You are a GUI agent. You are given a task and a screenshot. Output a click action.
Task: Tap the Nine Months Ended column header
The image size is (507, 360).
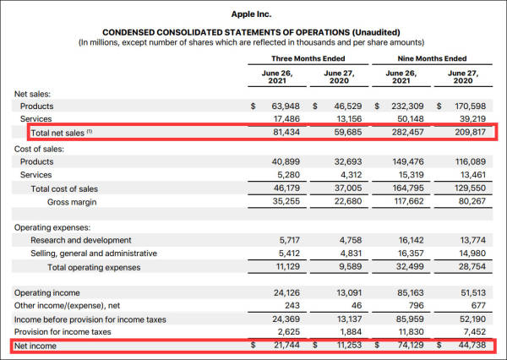click(x=432, y=58)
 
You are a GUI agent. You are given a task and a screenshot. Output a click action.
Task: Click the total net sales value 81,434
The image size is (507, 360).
click(x=284, y=133)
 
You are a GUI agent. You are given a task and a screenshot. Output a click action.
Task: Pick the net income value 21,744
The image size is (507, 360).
click(x=284, y=346)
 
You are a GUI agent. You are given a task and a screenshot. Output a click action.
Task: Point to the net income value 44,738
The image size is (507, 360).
click(x=469, y=346)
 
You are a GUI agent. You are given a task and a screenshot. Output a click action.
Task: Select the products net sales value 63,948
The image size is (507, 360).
click(x=284, y=106)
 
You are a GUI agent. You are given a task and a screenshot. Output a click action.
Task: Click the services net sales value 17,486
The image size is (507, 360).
click(x=284, y=119)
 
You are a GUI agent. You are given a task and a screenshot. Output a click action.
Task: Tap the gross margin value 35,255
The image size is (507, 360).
click(x=284, y=202)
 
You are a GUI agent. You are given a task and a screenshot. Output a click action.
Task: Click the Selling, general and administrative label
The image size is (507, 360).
click(x=94, y=254)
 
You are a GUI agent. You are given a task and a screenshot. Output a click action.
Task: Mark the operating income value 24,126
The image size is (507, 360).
click(x=284, y=293)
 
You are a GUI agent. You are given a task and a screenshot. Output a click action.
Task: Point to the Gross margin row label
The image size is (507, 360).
click(x=74, y=202)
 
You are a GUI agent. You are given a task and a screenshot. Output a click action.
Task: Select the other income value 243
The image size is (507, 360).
click(x=291, y=306)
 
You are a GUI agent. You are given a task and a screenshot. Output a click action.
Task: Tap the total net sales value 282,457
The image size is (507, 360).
click(x=407, y=133)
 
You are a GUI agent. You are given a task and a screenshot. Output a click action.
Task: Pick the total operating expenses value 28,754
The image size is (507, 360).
click(x=469, y=267)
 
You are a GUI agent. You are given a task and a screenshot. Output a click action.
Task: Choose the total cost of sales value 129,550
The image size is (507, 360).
click(x=469, y=188)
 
